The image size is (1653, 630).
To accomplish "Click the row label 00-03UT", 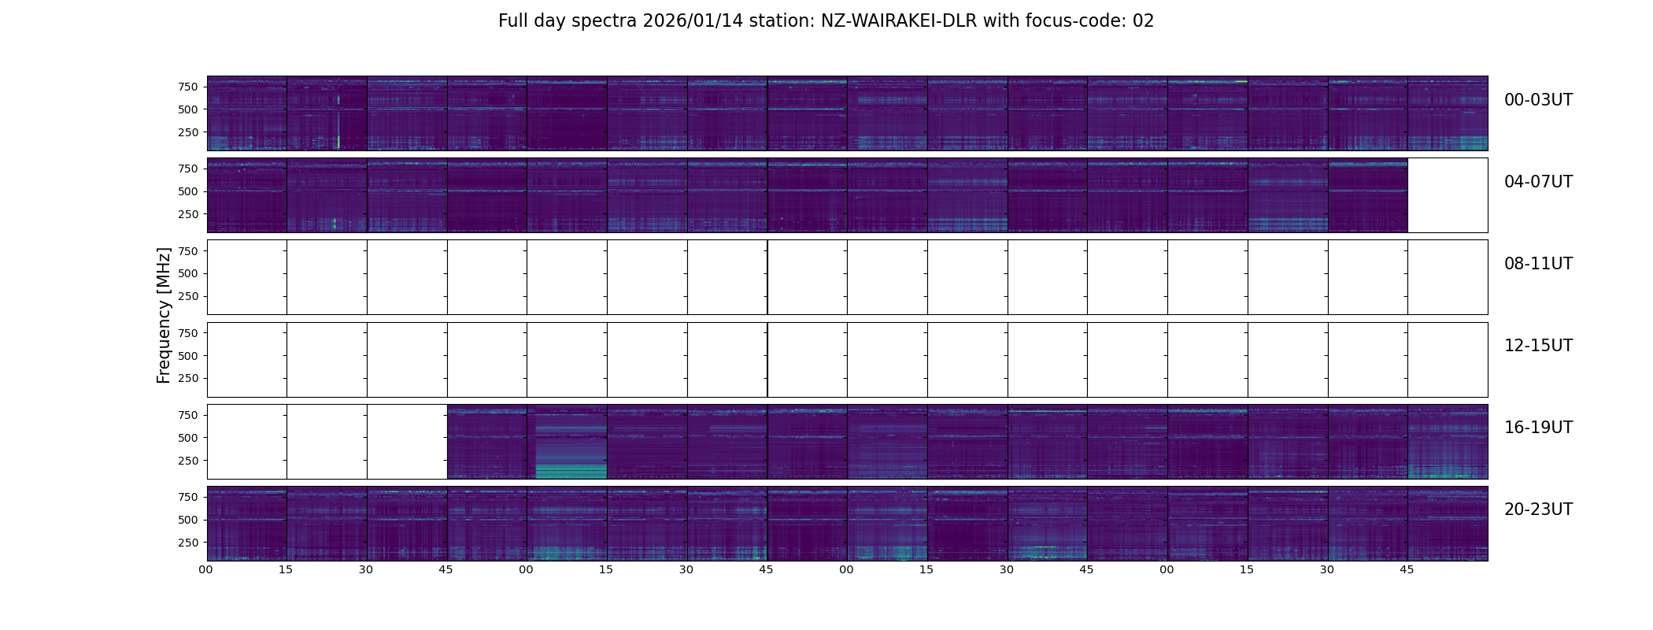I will tap(1538, 100).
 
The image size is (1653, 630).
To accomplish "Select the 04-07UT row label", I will tap(1538, 182).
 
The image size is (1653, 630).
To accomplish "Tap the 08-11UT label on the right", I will tap(1538, 264).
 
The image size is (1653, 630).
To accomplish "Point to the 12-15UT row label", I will tap(1538, 346).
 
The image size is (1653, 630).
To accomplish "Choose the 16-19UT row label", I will tap(1538, 428).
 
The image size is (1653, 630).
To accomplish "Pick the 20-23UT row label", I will tap(1538, 510).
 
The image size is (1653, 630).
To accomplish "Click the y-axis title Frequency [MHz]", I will tap(164, 315).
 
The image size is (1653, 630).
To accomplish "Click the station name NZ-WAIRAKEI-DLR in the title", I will tap(899, 21).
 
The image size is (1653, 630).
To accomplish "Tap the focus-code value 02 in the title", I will tap(1143, 21).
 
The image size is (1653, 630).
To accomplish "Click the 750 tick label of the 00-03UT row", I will tap(188, 87).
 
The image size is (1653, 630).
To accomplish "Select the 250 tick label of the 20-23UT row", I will tap(188, 543).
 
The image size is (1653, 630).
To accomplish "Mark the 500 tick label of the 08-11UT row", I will tap(188, 273).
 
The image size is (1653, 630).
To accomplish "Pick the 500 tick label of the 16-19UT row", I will tap(188, 438).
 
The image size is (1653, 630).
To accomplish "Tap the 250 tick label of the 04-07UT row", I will tap(188, 214).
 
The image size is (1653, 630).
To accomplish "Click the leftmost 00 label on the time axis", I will tap(206, 569).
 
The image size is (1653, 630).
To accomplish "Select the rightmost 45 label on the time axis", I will tap(1407, 569).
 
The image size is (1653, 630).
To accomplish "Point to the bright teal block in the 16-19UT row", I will tap(571, 470).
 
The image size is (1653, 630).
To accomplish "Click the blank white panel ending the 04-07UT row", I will tap(1447, 195).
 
